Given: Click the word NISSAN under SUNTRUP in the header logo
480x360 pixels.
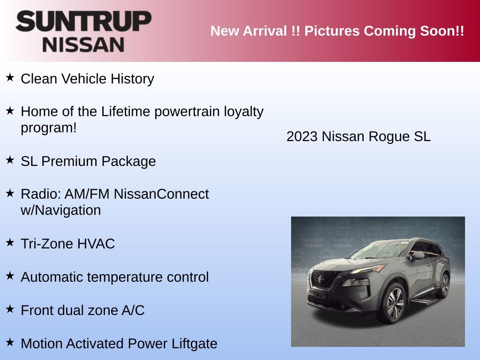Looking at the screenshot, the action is click(83, 45).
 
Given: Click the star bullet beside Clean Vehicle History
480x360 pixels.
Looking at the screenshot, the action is click(10, 77).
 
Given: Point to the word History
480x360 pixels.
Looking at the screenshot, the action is click(132, 79).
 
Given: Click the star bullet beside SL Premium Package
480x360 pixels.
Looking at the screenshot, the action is click(10, 160).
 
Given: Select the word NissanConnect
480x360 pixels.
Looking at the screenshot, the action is click(161, 194).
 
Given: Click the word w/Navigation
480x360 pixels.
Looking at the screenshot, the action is click(60, 210).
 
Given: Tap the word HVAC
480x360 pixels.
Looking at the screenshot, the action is click(96, 244).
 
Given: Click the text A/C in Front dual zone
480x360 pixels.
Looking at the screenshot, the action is click(133, 310).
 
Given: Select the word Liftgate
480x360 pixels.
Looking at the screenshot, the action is click(194, 344).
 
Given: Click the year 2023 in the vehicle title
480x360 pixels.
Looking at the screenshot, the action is click(302, 136).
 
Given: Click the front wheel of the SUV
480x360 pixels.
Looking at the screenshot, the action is click(393, 304).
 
